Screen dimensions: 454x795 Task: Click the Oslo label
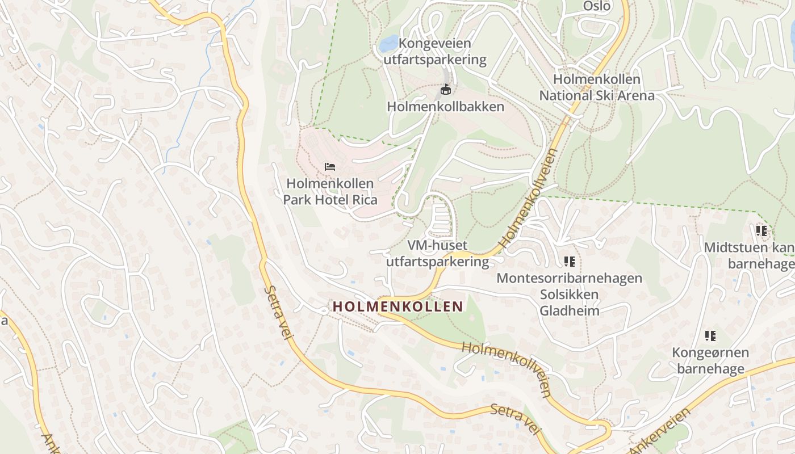coord(597,6)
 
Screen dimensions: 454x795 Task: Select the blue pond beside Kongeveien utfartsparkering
coord(389,43)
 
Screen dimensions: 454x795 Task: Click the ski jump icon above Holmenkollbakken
coord(446,90)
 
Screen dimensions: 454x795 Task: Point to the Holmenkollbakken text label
coord(445,107)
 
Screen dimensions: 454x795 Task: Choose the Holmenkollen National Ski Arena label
coord(596,87)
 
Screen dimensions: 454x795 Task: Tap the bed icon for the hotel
coord(329,166)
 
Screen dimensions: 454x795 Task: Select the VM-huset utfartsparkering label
coord(437,253)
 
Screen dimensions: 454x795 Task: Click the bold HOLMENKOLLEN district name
coord(397,306)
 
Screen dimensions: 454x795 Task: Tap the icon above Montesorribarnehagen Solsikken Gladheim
coord(569,262)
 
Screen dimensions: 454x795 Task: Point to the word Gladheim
coord(569,310)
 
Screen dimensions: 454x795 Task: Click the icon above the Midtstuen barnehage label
coord(761,231)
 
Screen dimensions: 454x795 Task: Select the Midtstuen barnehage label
coord(749,256)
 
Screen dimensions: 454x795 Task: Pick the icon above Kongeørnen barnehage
coord(710,336)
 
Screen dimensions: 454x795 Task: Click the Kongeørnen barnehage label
coord(710,360)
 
